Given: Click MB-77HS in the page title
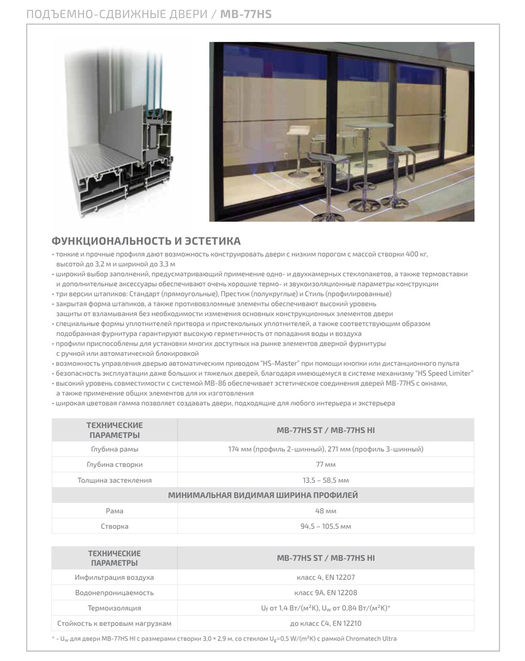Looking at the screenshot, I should click(x=246, y=14).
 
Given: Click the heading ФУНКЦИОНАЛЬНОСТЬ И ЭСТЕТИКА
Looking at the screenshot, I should click(x=146, y=241).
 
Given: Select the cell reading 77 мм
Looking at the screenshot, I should click(x=326, y=464).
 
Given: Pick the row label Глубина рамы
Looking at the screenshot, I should click(x=115, y=449).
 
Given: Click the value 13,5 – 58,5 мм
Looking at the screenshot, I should click(x=326, y=480).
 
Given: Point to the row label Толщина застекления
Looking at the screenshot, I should click(x=115, y=480).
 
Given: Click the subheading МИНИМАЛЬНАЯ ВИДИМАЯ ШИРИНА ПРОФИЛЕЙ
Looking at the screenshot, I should click(x=263, y=495).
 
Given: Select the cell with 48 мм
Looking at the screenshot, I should click(x=326, y=511).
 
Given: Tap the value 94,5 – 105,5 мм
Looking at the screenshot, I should click(x=326, y=526).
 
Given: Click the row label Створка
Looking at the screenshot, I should click(x=115, y=526).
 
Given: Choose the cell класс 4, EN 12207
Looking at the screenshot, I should click(x=326, y=577).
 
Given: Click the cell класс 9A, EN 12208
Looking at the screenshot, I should click(x=326, y=592).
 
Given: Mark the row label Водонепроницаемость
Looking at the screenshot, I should click(x=115, y=592).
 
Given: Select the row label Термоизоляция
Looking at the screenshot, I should click(x=115, y=608).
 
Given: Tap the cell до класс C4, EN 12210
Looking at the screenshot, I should click(x=326, y=623).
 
